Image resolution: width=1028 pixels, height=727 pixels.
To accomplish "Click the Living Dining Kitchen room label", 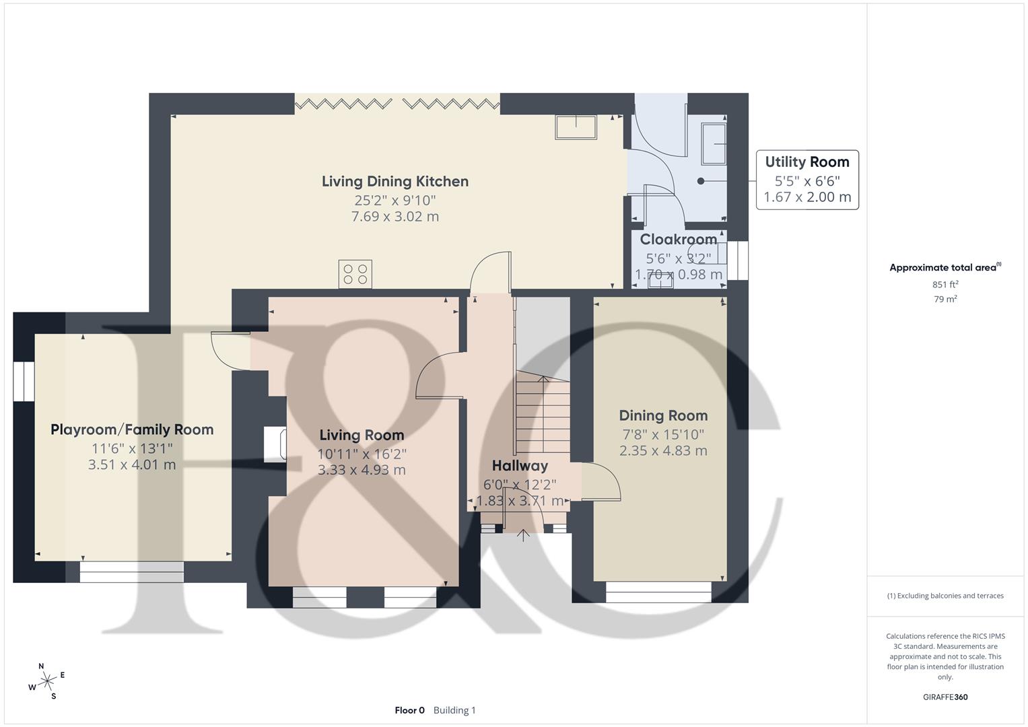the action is pyautogui.click(x=395, y=181).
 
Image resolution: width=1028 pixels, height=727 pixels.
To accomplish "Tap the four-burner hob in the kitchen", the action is pyautogui.click(x=355, y=274).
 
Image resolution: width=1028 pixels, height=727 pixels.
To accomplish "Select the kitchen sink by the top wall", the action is pyautogui.click(x=576, y=127).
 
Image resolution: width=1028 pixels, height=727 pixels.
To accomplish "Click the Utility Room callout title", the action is pyautogui.click(x=807, y=162).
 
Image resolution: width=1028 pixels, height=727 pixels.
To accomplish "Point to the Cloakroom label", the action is pyautogui.click(x=679, y=239).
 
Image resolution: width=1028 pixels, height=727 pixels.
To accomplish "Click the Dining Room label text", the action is pyautogui.click(x=663, y=415).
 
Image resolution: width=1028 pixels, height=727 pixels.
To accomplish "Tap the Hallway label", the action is pyautogui.click(x=520, y=466).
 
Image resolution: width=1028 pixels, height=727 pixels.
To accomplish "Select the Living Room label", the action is pyautogui.click(x=362, y=435).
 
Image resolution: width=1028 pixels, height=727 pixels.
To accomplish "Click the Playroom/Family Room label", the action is pyautogui.click(x=132, y=429).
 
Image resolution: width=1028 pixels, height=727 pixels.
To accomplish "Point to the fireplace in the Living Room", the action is pyautogui.click(x=275, y=444).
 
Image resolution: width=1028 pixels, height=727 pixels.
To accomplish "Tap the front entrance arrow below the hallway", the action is pyautogui.click(x=522, y=535).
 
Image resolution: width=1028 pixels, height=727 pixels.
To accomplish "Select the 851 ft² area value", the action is pyautogui.click(x=945, y=284).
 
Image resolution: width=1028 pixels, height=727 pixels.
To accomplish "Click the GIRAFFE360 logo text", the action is pyautogui.click(x=945, y=697).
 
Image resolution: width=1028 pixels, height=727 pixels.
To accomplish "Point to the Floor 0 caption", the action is pyautogui.click(x=409, y=710).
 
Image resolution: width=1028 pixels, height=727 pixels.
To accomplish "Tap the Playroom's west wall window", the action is pyautogui.click(x=24, y=382).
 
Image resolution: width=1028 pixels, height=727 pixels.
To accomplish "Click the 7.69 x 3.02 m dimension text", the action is pyautogui.click(x=395, y=216).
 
